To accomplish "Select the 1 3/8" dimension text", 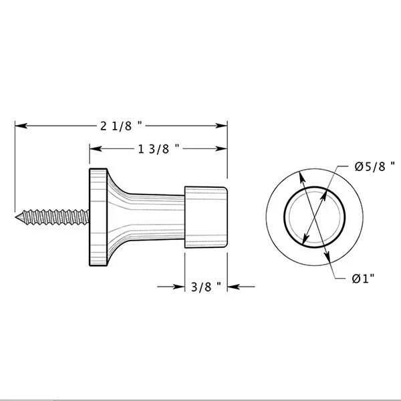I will pos(160,149).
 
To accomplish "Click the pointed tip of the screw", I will pos(18,215).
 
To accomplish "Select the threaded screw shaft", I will pos(53,216).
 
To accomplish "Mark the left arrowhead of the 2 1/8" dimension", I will pos(21,125).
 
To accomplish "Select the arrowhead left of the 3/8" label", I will pos(179,288).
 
